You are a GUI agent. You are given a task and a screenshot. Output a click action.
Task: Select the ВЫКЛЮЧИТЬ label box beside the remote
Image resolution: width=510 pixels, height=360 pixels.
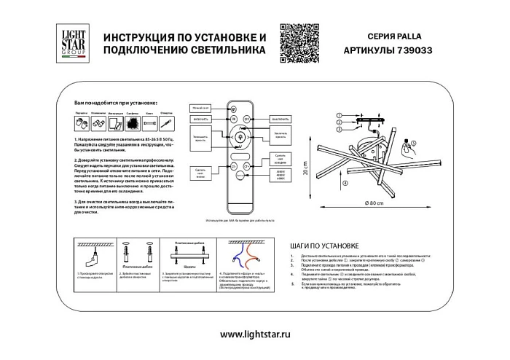(x=278, y=118)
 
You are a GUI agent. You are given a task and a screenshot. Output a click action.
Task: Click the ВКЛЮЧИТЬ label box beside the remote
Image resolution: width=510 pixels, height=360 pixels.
(x=203, y=118)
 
